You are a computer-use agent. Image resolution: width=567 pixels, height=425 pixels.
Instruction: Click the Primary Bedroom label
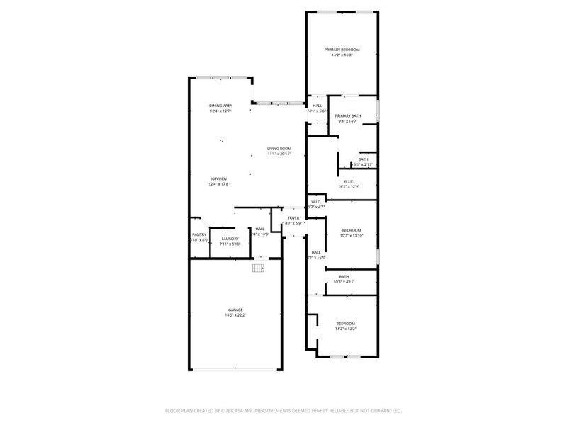point(342,50)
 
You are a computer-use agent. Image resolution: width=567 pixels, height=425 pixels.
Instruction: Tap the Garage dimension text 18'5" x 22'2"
point(235,315)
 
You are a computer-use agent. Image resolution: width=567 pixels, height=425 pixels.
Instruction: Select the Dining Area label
point(220,106)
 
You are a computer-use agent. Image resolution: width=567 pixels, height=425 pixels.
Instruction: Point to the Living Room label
point(279,149)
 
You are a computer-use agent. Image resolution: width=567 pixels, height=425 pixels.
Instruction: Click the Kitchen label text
point(218,178)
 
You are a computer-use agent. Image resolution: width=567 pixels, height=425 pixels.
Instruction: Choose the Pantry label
point(199,235)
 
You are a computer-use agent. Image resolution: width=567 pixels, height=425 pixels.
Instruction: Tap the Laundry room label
point(230,239)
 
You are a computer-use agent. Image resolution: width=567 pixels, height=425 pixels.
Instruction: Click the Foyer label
point(293,218)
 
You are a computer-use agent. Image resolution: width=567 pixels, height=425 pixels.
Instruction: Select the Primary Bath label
point(349,115)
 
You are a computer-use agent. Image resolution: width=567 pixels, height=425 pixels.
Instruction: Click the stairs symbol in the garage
point(259,268)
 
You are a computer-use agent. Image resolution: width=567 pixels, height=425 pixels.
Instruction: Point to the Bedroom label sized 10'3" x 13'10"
point(352,230)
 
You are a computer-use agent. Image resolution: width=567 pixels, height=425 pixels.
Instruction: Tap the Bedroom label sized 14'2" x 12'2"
point(345,324)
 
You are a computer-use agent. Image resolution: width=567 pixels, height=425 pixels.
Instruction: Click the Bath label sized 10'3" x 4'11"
point(344,277)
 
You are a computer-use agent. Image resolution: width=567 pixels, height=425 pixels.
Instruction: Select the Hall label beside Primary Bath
point(317,106)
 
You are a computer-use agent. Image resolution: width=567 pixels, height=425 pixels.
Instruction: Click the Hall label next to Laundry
point(260,229)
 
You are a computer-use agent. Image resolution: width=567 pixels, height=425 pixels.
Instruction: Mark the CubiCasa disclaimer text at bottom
point(283,410)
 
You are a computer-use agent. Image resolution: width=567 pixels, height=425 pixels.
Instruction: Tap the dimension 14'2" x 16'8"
point(342,55)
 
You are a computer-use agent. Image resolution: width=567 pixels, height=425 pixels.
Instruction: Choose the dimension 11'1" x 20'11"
point(279,154)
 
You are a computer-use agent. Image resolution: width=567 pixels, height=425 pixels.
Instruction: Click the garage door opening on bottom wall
point(235,369)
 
